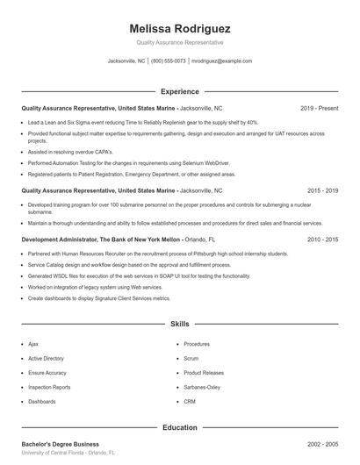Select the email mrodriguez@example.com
tap(221, 61)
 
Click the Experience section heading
tap(179, 91)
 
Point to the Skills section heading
tap(179, 324)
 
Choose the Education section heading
tap(179, 427)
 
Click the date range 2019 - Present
tap(320, 108)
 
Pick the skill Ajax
tap(34, 344)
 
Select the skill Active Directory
tap(46, 358)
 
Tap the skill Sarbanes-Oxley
tap(202, 387)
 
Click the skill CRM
tap(189, 401)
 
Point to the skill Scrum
tap(191, 358)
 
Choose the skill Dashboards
tap(41, 401)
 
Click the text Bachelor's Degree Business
tap(60, 444)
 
